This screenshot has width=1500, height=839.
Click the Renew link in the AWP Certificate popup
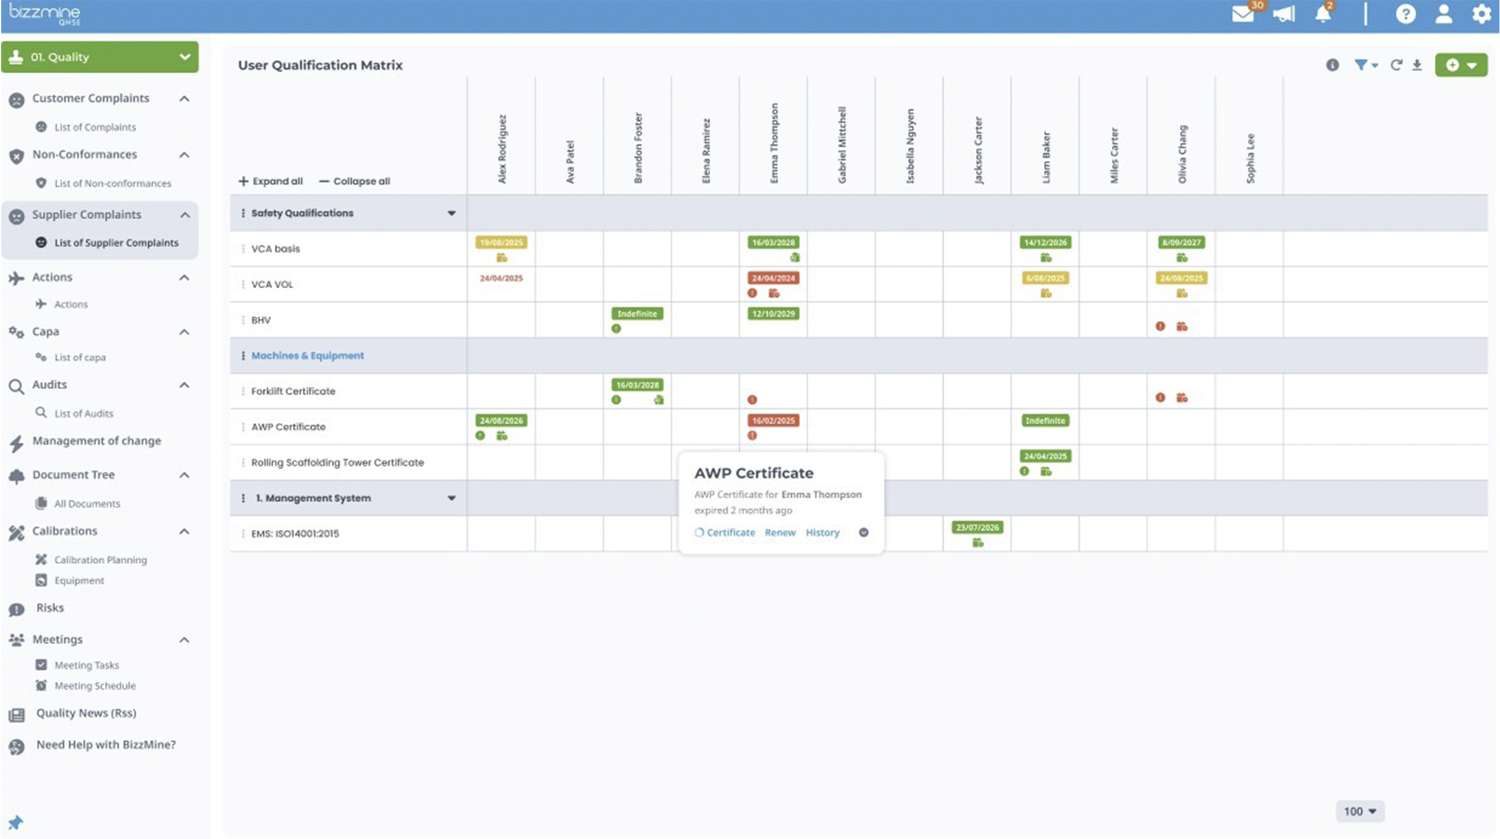click(780, 533)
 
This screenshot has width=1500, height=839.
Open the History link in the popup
click(822, 533)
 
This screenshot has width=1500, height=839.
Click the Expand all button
click(271, 181)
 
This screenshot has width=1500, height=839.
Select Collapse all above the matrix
click(354, 181)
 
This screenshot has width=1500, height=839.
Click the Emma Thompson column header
click(774, 144)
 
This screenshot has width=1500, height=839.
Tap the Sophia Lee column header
click(1250, 158)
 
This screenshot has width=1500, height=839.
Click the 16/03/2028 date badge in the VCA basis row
click(773, 242)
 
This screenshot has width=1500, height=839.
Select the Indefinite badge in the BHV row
click(637, 314)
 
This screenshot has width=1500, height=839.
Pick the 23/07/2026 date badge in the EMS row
click(977, 528)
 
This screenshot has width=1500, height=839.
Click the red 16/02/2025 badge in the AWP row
click(773, 421)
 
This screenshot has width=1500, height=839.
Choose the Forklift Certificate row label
click(293, 391)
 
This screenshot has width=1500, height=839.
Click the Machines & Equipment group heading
click(307, 355)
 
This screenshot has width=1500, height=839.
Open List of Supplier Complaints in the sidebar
click(116, 243)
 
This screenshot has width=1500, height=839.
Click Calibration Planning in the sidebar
click(100, 560)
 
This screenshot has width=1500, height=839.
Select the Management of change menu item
click(97, 441)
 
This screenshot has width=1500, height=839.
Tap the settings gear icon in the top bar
click(1481, 14)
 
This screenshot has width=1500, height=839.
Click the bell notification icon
click(1323, 14)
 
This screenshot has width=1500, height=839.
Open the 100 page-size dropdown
click(1360, 811)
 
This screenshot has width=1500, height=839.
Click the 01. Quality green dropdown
click(100, 57)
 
